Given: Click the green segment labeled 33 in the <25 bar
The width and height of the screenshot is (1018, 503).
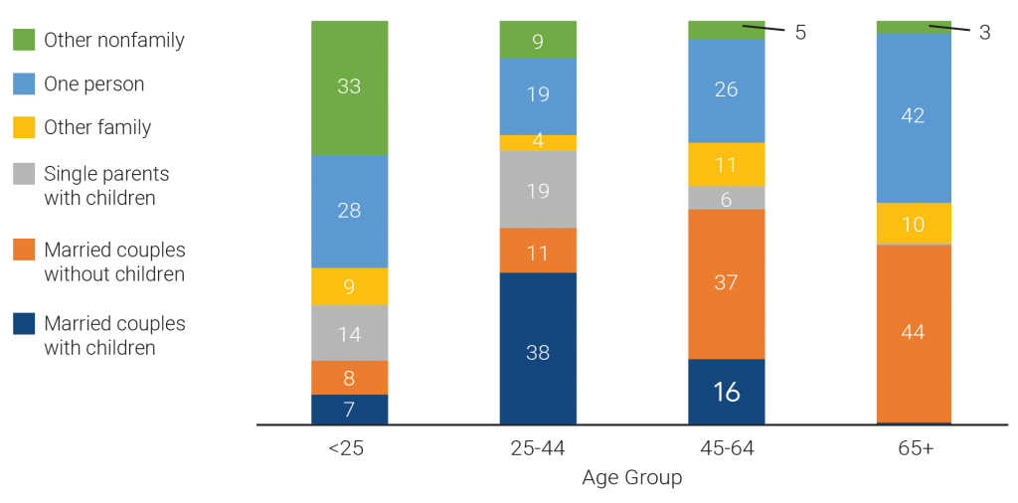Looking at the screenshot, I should coord(349,86).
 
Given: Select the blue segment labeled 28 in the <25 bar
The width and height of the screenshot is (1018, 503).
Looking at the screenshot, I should coord(349,211).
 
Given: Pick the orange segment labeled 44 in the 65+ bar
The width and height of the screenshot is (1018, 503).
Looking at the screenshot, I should coord(913,333).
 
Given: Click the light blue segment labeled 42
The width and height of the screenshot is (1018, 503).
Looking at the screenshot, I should coord(913,117).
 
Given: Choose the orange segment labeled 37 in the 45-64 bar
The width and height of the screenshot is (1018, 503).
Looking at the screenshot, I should coord(726,283).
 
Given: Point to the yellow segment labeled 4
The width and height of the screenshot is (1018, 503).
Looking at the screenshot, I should coord(537,142).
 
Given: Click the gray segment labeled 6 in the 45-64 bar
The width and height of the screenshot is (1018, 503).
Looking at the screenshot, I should coord(726,198).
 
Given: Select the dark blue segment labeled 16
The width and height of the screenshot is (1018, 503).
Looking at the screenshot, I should coord(726,392).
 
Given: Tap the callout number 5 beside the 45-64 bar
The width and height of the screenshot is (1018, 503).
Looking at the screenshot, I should coord(799,33).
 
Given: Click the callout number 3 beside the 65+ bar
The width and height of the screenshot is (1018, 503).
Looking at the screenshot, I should coord(984,33).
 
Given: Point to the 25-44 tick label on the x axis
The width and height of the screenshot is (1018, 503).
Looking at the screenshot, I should coord(537,448).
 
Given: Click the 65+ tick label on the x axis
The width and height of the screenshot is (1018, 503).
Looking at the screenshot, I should coord(913,448).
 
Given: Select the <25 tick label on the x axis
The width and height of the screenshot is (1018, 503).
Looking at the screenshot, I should coord(347,448).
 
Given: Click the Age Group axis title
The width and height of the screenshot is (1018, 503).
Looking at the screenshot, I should coord(631,478).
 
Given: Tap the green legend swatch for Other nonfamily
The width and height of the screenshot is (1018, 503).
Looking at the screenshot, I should coord(24,41).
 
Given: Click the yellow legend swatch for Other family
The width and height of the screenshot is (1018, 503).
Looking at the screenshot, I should coord(24,128).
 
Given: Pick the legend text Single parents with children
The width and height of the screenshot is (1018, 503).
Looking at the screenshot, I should coord(105,186).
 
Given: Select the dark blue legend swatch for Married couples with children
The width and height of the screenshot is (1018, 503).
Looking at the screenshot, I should coord(24,324).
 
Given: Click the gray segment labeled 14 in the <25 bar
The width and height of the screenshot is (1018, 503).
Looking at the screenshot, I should coord(349,333).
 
